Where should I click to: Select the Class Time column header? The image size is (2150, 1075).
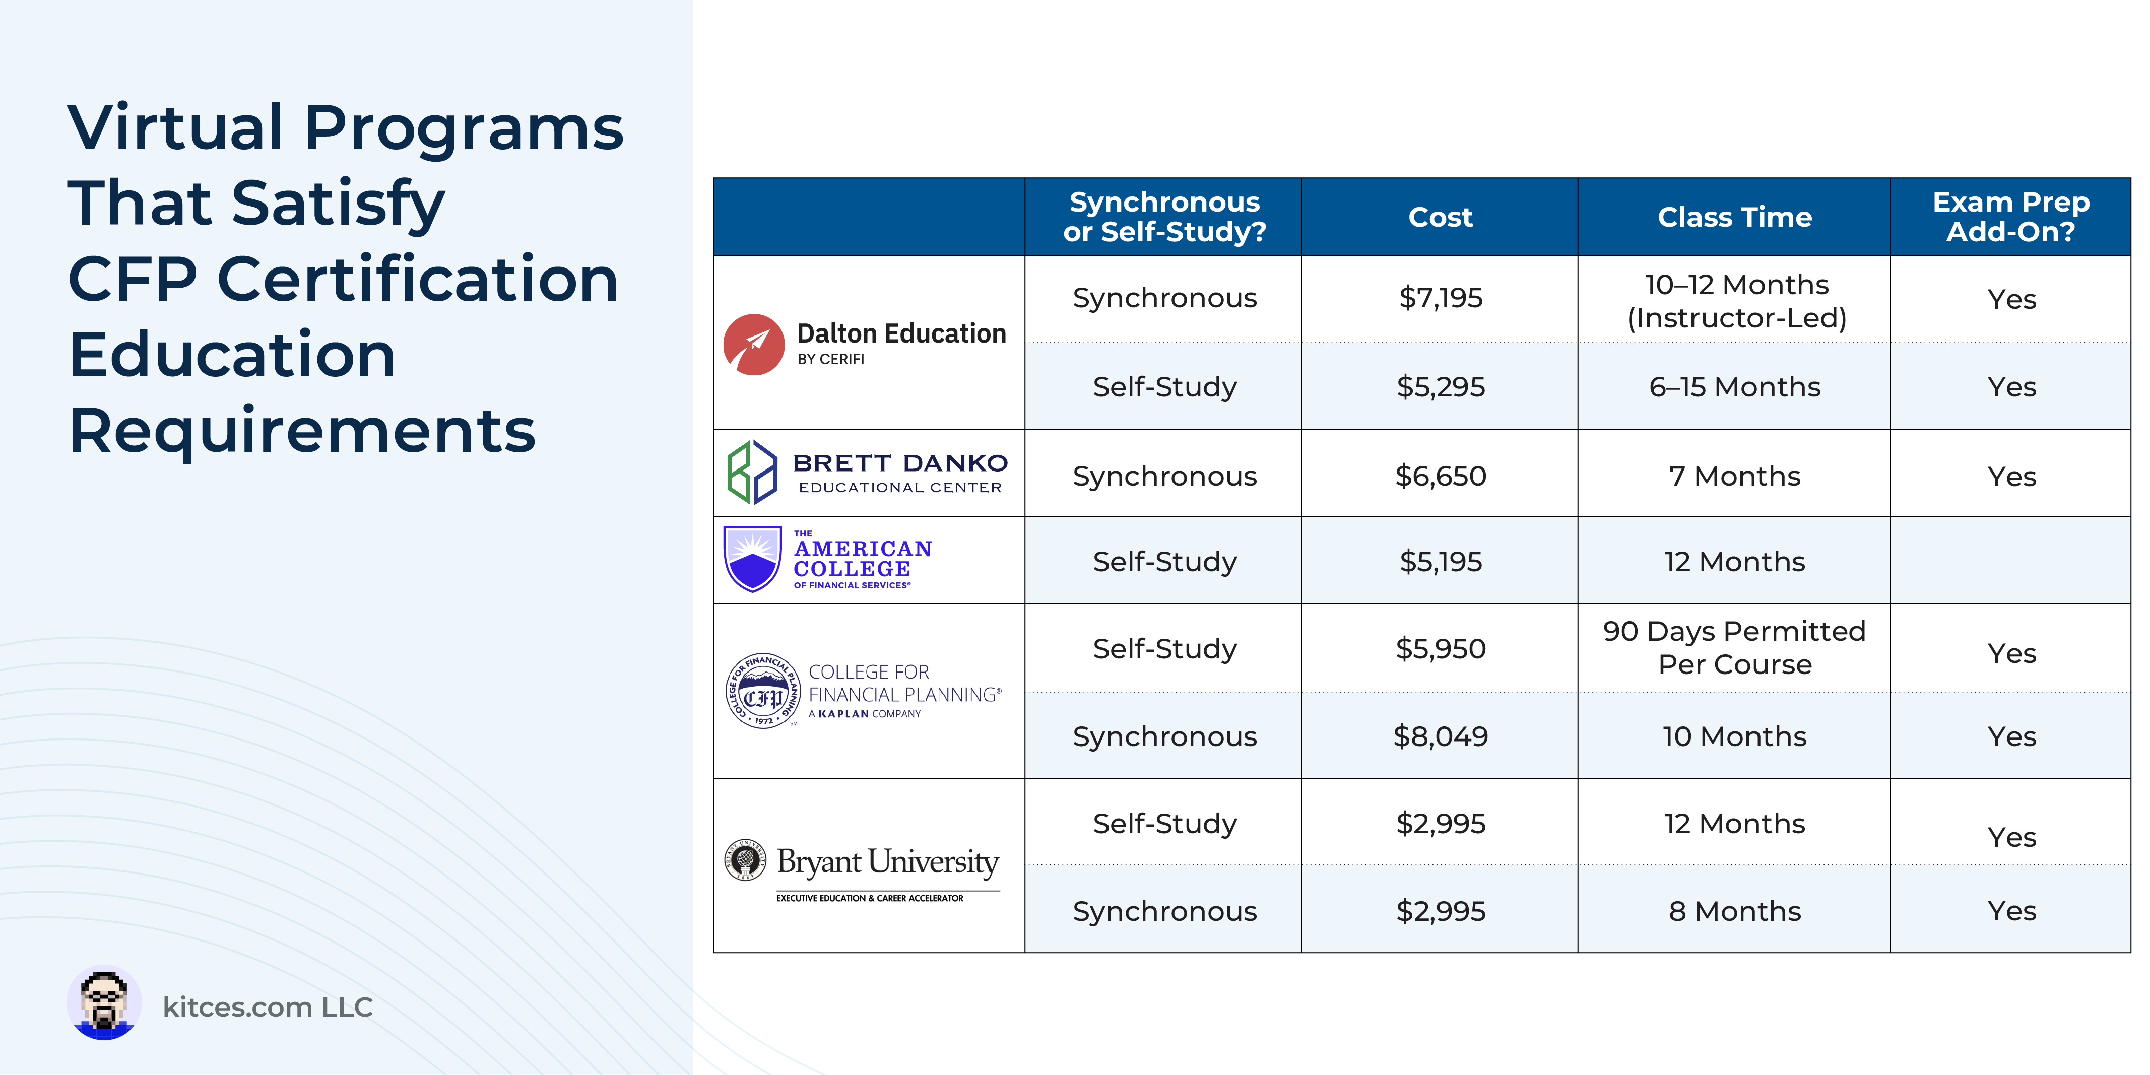1734,217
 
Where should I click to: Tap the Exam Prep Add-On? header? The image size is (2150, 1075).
2010,217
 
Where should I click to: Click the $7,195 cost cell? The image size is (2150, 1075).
1441,298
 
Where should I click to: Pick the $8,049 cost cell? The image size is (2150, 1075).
1441,736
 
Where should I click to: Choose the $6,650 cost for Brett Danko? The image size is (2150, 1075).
1441,476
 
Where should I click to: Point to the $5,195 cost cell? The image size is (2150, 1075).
1441,562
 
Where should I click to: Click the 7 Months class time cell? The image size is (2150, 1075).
1734,476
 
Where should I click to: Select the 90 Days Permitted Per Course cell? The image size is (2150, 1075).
1734,648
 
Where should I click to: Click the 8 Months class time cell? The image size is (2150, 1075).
1734,911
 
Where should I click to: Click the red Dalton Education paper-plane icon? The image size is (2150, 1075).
754,345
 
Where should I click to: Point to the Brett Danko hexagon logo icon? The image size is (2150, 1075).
752,473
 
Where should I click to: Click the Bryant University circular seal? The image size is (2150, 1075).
745,860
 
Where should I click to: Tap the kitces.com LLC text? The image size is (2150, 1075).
267,1007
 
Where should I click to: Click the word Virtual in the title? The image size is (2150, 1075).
176,127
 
